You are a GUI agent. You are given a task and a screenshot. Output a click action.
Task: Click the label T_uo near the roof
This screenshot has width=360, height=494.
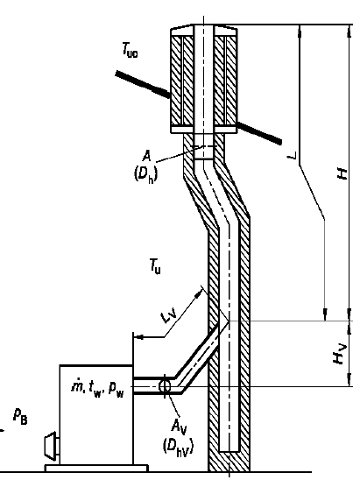pyautogui.click(x=131, y=51)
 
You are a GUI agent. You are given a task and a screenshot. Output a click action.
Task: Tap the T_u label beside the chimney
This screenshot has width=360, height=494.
pyautogui.click(x=155, y=266)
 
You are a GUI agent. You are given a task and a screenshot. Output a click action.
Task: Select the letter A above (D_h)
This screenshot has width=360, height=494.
pyautogui.click(x=146, y=156)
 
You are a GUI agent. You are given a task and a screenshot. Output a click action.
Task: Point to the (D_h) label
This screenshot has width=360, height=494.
pyautogui.click(x=145, y=174)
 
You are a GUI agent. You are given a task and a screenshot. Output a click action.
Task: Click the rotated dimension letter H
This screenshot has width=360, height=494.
pyautogui.click(x=342, y=173)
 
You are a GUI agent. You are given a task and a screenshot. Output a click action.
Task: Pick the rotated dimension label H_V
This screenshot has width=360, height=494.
pyautogui.click(x=340, y=354)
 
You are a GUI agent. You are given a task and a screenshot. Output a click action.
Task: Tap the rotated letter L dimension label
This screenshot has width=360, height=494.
pyautogui.click(x=293, y=156)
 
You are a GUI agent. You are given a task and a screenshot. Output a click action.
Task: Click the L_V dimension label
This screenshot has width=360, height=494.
pyautogui.click(x=169, y=316)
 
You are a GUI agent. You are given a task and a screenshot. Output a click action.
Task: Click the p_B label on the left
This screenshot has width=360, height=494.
pyautogui.click(x=20, y=416)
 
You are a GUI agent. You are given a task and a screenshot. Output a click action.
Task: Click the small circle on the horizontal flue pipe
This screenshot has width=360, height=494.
pyautogui.click(x=165, y=385)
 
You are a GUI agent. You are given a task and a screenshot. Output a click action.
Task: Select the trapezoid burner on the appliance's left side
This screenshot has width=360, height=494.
pyautogui.click(x=52, y=446)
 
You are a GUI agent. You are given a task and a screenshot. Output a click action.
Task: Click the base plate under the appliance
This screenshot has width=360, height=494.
pyautogui.click(x=96, y=469)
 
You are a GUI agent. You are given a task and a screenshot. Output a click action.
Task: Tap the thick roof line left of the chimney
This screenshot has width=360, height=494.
pyautogui.click(x=143, y=84)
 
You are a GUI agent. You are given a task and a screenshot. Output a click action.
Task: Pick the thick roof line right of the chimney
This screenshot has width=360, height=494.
pyautogui.click(x=258, y=132)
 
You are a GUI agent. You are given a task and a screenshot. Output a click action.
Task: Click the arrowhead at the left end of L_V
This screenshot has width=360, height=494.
pyautogui.click(x=139, y=337)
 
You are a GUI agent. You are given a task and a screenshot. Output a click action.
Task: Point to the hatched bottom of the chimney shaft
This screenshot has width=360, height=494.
pyautogui.click(x=229, y=462)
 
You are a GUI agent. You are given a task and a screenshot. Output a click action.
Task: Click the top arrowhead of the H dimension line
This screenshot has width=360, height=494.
pyautogui.click(x=349, y=31)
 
